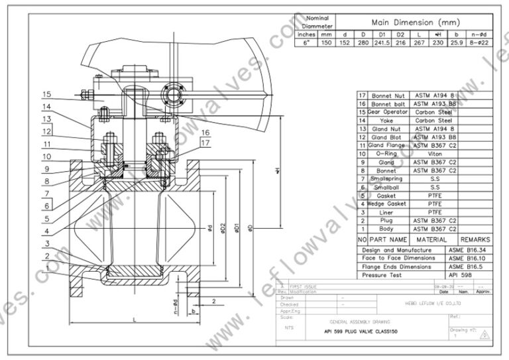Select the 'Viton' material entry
(433, 154)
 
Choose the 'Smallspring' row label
(386, 179)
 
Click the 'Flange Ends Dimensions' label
(398, 266)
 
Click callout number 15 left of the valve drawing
(47, 93)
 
